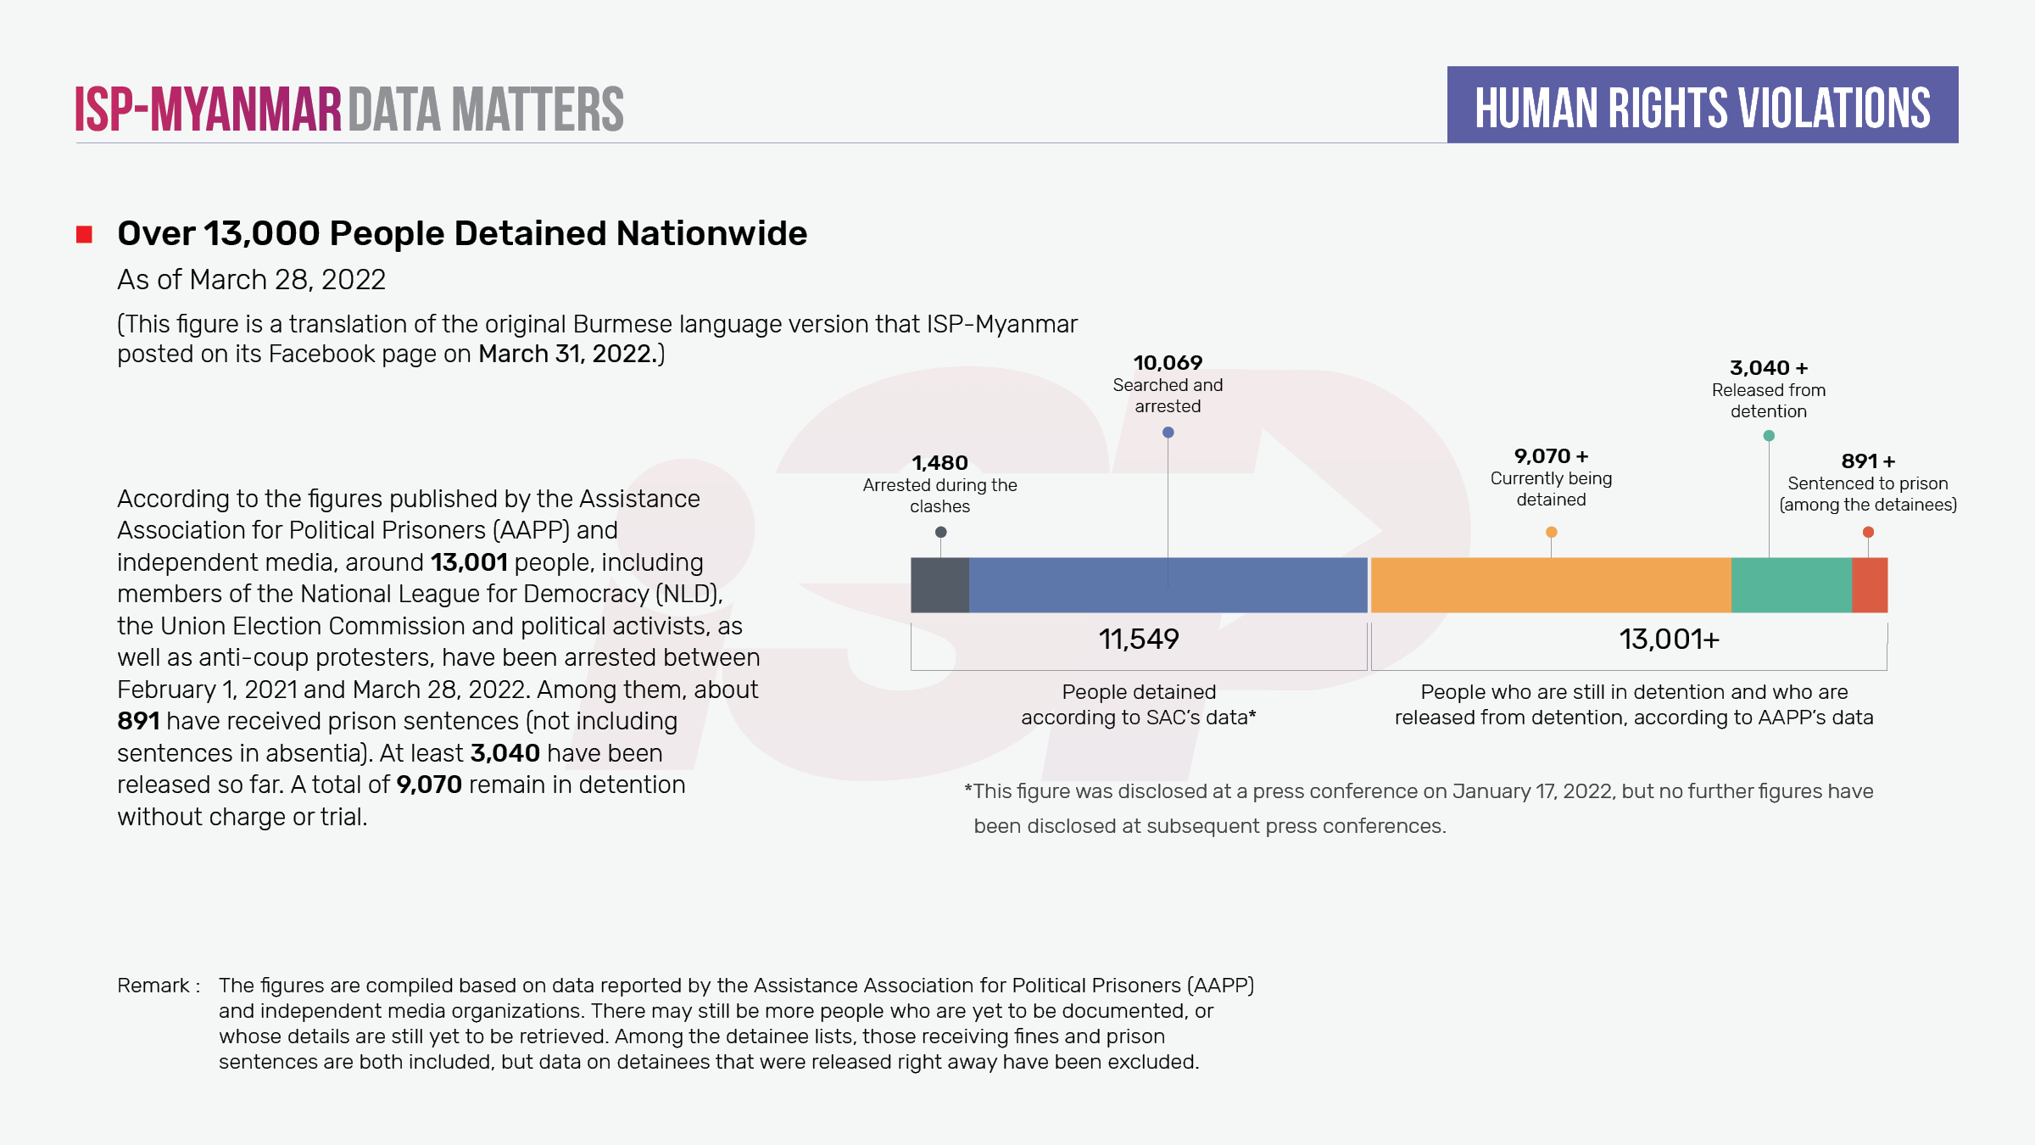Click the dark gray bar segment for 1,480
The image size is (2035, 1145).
939,585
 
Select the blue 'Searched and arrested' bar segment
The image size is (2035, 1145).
1168,585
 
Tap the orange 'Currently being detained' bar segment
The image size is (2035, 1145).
1550,585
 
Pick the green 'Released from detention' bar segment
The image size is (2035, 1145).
1791,585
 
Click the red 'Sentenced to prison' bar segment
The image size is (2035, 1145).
1870,585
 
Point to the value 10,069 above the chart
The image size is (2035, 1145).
1168,363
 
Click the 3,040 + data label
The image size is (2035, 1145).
1769,368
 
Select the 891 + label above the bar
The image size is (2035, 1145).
1868,461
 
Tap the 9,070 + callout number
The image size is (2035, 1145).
1551,456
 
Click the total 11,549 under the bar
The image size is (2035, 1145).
1139,640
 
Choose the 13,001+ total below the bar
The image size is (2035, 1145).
1669,640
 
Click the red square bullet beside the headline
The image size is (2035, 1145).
84,235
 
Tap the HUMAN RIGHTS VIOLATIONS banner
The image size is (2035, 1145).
1703,106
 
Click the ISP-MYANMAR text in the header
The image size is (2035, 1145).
208,109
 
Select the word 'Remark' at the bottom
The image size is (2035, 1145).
153,986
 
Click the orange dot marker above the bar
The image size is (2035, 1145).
1551,533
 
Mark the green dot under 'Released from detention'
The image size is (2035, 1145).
1769,436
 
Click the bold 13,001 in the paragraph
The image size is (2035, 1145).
469,563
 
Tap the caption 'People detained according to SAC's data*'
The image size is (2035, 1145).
1139,705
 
